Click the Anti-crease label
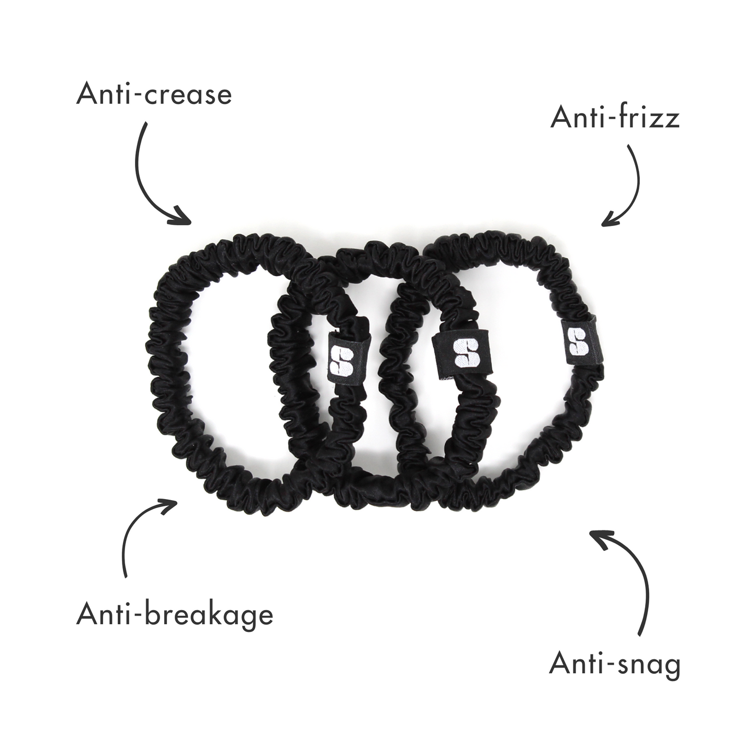[154, 94]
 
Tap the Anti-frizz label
[615, 118]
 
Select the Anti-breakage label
[175, 614]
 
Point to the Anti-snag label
[615, 664]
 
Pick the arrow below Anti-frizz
[630, 188]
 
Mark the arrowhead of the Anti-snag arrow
[599, 539]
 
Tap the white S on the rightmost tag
[578, 342]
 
